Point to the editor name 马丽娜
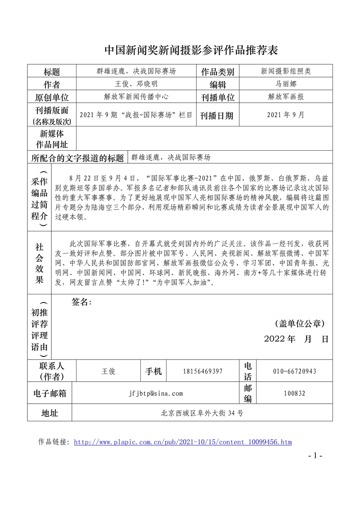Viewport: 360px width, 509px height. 286,84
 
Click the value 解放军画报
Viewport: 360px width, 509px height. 286,96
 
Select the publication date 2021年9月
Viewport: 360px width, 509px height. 286,115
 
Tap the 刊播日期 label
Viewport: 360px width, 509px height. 217,116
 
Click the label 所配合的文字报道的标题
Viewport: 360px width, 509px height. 78,158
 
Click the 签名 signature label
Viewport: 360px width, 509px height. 81,302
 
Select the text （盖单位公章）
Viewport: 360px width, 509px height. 299,324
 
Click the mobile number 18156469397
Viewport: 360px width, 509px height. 203,371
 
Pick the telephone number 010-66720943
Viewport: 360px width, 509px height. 295,371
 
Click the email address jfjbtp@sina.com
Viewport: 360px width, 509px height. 155,393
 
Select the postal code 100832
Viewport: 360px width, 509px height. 295,393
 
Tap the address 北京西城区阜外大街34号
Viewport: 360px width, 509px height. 202,413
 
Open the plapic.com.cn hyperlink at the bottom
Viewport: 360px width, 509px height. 182,442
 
